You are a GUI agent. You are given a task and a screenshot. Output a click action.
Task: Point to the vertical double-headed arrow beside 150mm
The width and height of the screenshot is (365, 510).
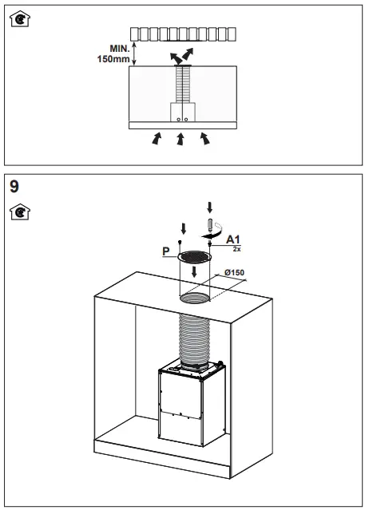[x=134, y=53]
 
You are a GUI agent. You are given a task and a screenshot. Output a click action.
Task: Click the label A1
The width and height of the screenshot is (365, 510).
[x=234, y=239]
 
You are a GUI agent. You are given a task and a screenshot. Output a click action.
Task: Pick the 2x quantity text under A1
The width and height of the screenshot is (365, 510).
[x=236, y=250]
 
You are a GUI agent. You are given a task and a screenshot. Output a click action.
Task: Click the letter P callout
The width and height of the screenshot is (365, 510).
[x=166, y=251]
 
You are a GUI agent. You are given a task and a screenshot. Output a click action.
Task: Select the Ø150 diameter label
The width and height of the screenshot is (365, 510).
[x=234, y=273]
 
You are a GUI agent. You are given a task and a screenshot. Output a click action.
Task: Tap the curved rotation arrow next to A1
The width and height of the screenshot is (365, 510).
[x=212, y=236]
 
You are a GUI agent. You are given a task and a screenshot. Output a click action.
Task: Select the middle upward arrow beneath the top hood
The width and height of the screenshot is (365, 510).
[x=181, y=140]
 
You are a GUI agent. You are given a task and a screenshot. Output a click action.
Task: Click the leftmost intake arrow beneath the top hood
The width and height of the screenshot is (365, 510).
[x=156, y=140]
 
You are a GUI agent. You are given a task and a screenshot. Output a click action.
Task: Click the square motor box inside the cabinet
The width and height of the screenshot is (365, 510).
[x=192, y=407]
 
